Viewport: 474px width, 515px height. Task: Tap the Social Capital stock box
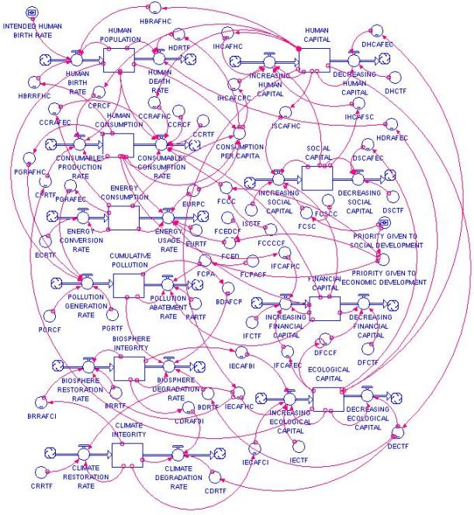(320, 176)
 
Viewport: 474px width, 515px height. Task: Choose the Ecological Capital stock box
(327, 399)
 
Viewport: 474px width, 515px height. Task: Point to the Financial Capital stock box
(324, 308)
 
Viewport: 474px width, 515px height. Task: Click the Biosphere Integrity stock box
(129, 368)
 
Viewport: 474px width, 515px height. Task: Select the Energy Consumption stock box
(124, 217)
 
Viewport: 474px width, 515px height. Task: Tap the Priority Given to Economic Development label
(383, 278)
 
